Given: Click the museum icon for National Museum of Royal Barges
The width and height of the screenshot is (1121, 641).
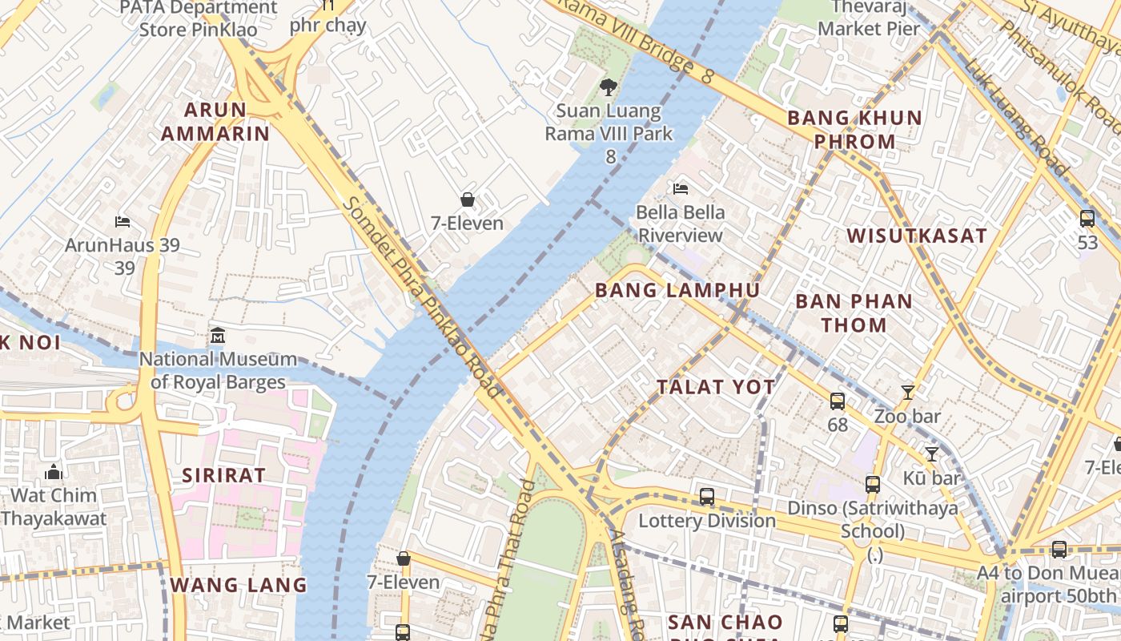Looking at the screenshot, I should point(217,335).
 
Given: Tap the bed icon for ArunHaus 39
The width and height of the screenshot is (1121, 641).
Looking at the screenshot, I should point(123,221).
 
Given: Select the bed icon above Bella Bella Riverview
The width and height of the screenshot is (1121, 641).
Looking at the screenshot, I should point(681,189).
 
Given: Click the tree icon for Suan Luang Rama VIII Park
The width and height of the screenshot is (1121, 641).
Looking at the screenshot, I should point(609,87).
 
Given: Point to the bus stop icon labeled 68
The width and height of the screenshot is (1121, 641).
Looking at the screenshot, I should point(837,401).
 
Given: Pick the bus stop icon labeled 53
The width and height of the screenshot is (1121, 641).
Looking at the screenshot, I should point(1087,218).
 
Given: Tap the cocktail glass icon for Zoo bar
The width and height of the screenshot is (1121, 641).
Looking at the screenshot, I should point(907,393).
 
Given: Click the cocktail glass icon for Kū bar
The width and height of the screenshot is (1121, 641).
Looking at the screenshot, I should point(931,454).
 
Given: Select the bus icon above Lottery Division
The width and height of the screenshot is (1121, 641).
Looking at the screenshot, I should point(706,496).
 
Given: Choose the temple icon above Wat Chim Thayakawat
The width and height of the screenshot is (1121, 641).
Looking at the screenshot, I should point(54,471).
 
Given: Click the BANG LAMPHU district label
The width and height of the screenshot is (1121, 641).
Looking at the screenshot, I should point(677,290).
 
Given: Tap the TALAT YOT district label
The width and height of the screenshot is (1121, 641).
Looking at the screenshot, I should point(716,387).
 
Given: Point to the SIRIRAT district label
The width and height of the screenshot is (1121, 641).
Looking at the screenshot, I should point(223,475).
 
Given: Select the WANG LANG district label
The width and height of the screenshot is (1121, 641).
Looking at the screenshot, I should point(239,585).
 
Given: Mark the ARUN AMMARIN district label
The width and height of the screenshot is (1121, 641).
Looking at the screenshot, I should point(215,121).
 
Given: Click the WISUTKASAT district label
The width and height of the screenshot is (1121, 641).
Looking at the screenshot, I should point(917,236).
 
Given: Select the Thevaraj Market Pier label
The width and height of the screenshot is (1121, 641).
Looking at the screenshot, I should point(869,18).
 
